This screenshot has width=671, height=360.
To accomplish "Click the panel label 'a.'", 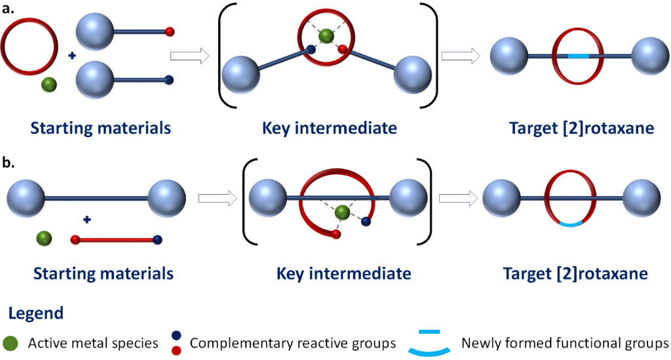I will click(12, 9).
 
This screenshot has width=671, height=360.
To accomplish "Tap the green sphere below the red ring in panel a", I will click(47, 85).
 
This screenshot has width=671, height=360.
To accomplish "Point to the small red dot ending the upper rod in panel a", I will click(170, 31).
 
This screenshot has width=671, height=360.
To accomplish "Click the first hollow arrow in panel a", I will click(189, 56).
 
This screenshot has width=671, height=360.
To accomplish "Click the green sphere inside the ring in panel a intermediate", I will click(326, 35).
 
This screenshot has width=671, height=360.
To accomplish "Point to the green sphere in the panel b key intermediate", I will click(341, 212).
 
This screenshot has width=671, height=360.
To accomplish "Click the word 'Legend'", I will click(37, 313).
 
